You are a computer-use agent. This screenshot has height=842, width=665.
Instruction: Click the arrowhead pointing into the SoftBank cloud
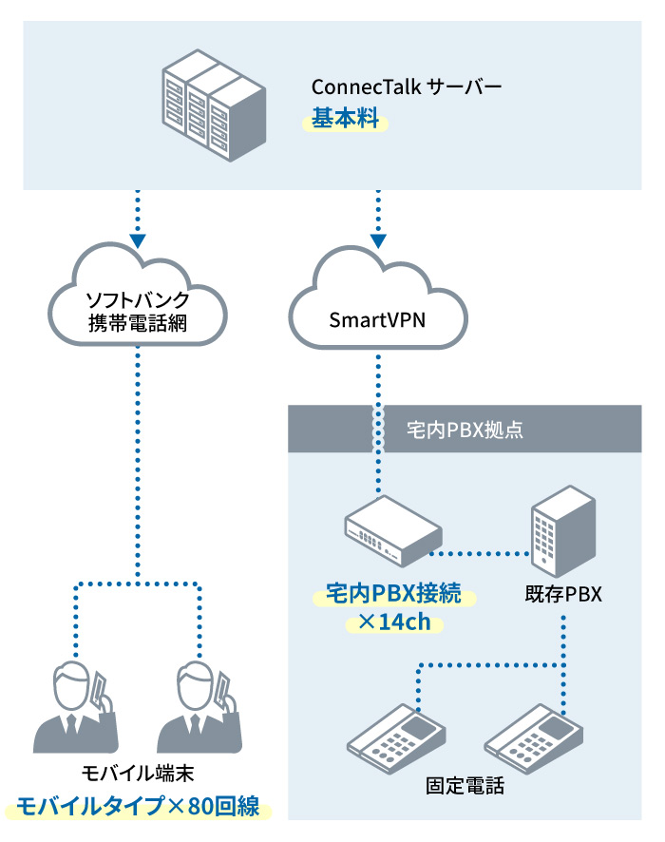coord(139,239)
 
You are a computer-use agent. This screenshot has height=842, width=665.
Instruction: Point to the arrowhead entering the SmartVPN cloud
coord(379,239)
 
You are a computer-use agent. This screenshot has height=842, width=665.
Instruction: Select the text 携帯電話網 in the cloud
coord(138,324)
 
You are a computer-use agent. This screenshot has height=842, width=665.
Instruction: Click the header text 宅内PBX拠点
coord(465,430)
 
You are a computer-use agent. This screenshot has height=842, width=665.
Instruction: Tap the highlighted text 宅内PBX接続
coord(393,596)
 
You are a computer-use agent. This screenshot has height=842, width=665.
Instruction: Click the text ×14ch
coord(393,625)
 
